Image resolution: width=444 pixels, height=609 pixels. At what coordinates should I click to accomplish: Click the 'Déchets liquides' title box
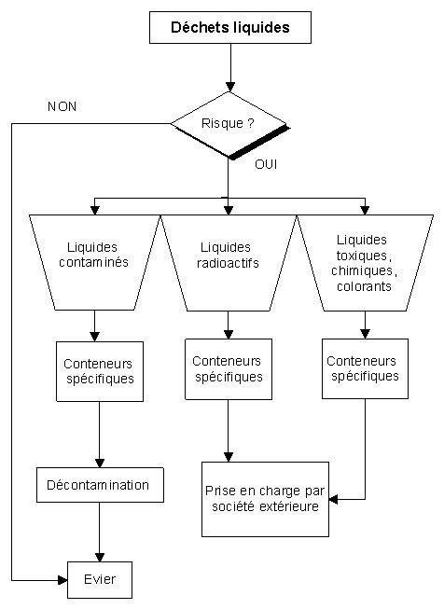click(x=230, y=27)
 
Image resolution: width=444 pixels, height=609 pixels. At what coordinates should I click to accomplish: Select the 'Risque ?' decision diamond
click(x=230, y=125)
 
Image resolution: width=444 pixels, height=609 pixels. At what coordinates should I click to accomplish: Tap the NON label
click(x=62, y=106)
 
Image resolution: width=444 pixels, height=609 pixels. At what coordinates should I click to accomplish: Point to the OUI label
click(x=266, y=164)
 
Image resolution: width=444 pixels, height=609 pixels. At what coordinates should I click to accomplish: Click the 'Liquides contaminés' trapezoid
click(x=95, y=263)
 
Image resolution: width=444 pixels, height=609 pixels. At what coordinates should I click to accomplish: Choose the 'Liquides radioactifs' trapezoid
click(x=229, y=263)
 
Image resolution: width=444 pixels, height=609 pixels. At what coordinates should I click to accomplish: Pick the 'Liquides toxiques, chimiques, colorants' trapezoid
click(x=365, y=263)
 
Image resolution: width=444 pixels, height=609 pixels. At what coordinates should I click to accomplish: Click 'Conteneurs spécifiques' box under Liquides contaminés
click(x=100, y=371)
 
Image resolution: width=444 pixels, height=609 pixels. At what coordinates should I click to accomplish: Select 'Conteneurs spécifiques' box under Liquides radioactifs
click(x=229, y=369)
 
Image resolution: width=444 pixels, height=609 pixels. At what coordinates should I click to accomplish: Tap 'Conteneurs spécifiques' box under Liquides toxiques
click(x=365, y=368)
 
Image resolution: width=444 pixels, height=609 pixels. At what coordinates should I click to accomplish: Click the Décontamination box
click(x=100, y=485)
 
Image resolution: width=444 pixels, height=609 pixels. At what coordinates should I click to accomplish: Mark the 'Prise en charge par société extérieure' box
click(x=265, y=499)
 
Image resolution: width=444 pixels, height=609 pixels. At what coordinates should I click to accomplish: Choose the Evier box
click(x=100, y=580)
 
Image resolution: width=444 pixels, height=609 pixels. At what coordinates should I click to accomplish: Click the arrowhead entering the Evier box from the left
click(x=62, y=580)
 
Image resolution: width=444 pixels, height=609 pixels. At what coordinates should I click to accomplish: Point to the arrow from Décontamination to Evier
click(x=100, y=532)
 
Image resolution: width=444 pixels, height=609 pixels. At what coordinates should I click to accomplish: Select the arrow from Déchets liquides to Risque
click(x=230, y=67)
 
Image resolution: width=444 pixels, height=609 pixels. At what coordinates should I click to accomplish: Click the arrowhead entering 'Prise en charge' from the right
click(x=333, y=499)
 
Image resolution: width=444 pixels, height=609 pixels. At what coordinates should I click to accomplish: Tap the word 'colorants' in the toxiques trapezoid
click(x=364, y=286)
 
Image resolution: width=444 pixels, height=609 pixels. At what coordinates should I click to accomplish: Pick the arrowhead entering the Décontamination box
click(x=100, y=463)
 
